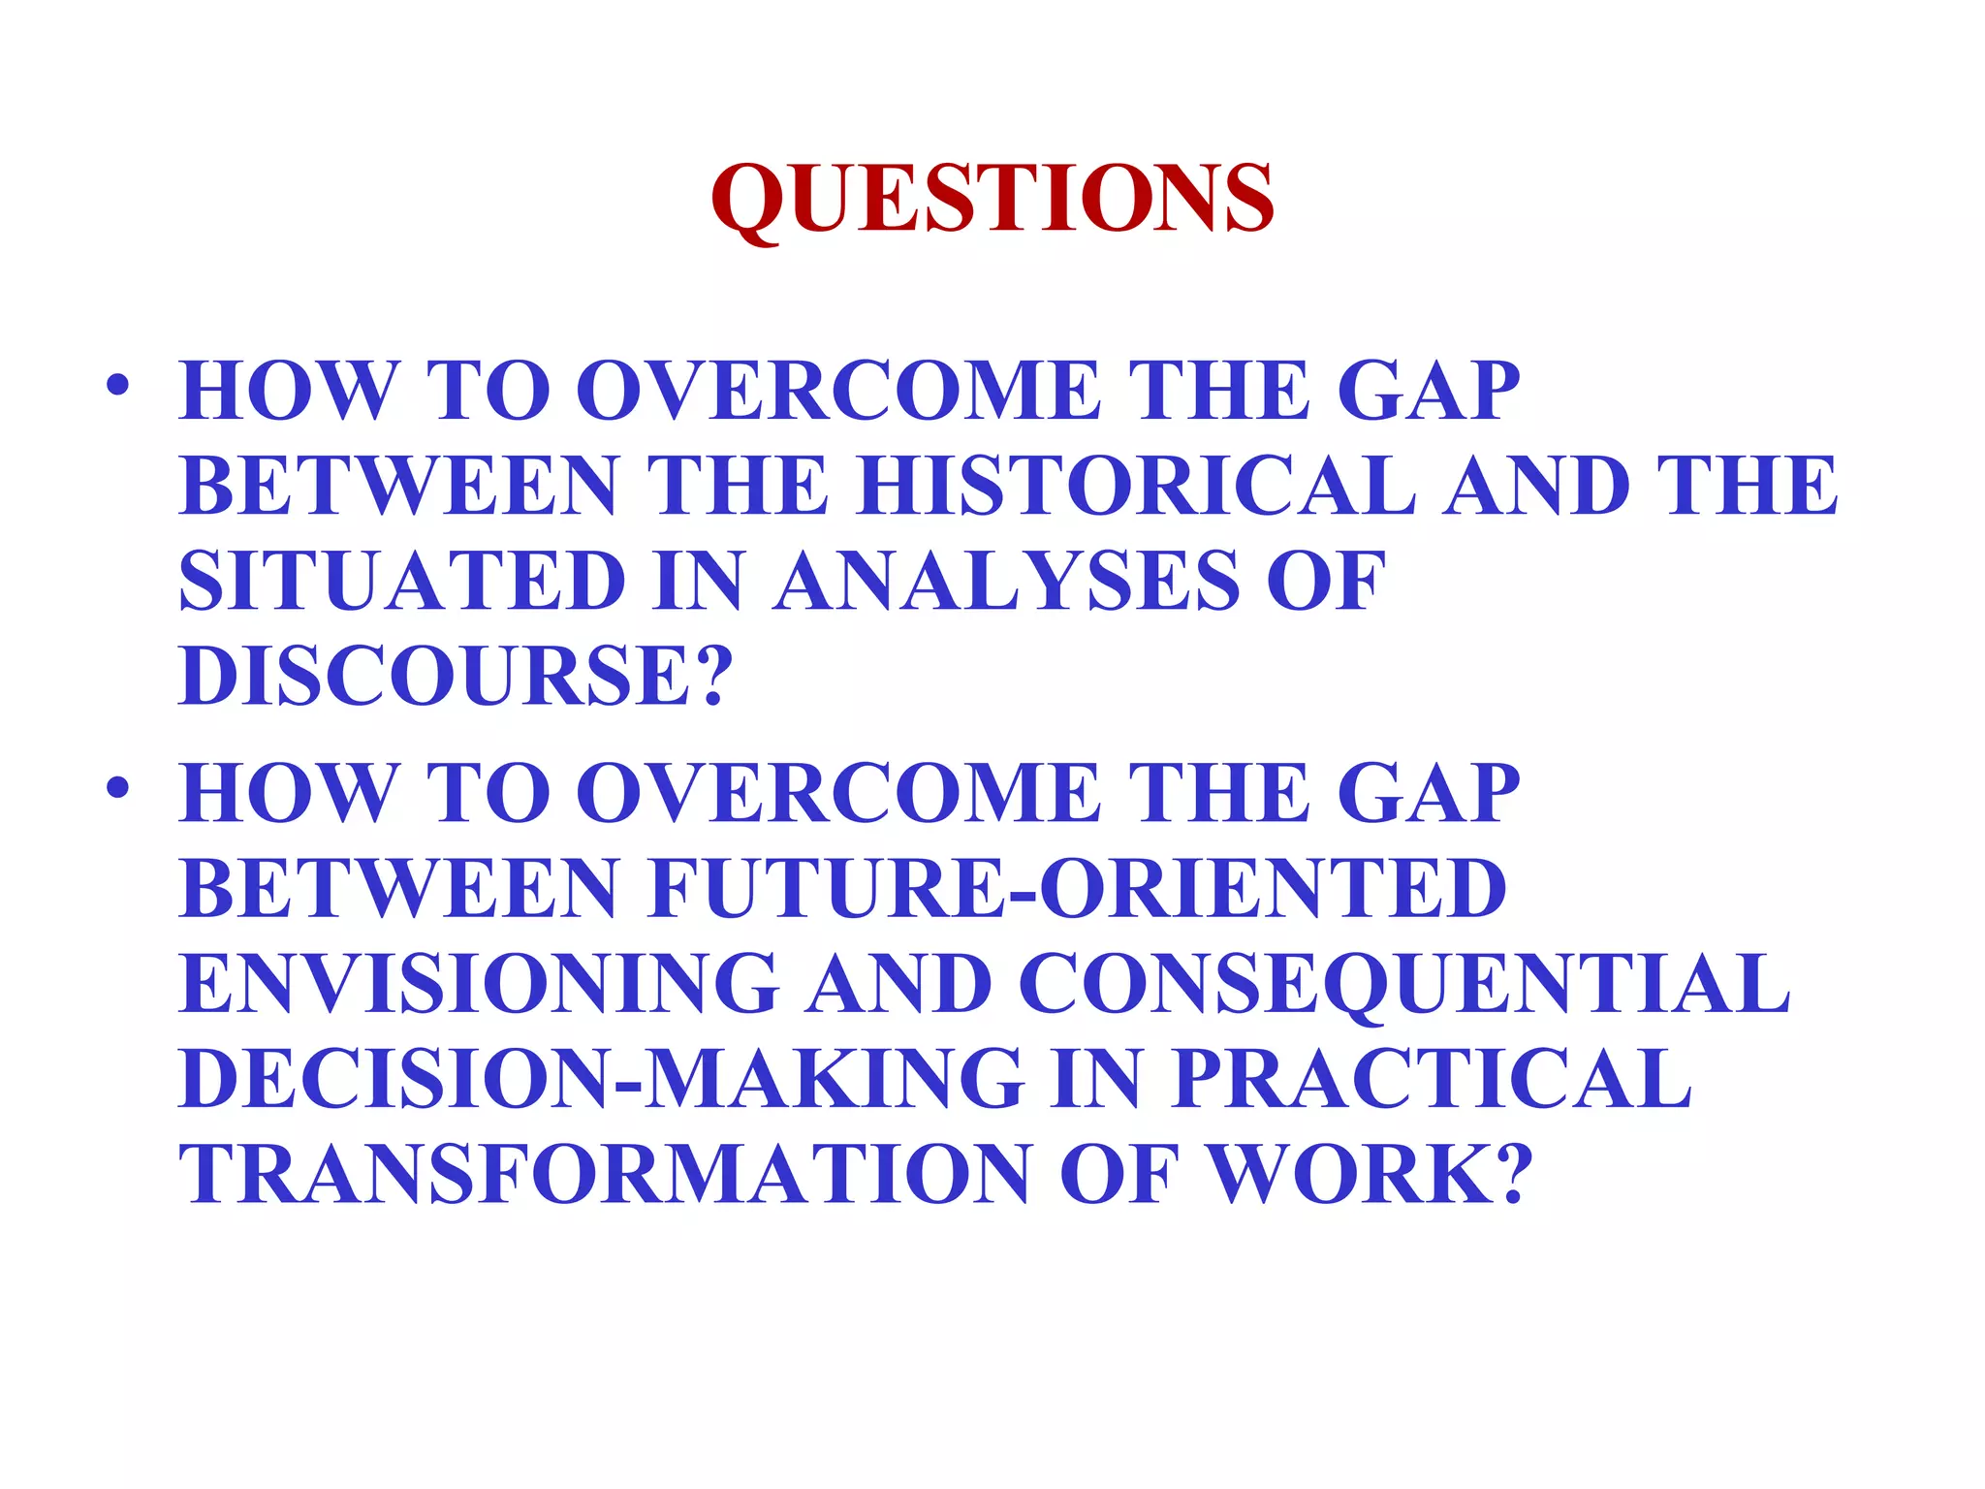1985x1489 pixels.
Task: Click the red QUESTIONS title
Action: [992, 199]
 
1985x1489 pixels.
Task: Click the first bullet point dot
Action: [117, 386]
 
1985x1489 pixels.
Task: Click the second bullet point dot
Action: [117, 787]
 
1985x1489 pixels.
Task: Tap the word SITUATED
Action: [402, 581]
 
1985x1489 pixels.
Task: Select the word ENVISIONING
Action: [479, 983]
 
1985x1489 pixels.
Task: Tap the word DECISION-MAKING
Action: [602, 1078]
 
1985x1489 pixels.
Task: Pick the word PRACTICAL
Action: [1431, 1078]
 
